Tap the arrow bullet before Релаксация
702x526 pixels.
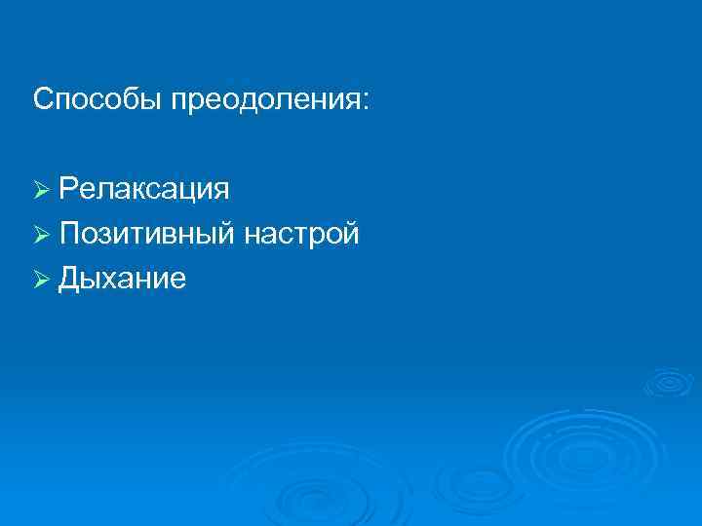coord(41,188)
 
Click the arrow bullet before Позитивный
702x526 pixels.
coord(41,235)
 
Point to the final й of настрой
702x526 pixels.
coord(350,234)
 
